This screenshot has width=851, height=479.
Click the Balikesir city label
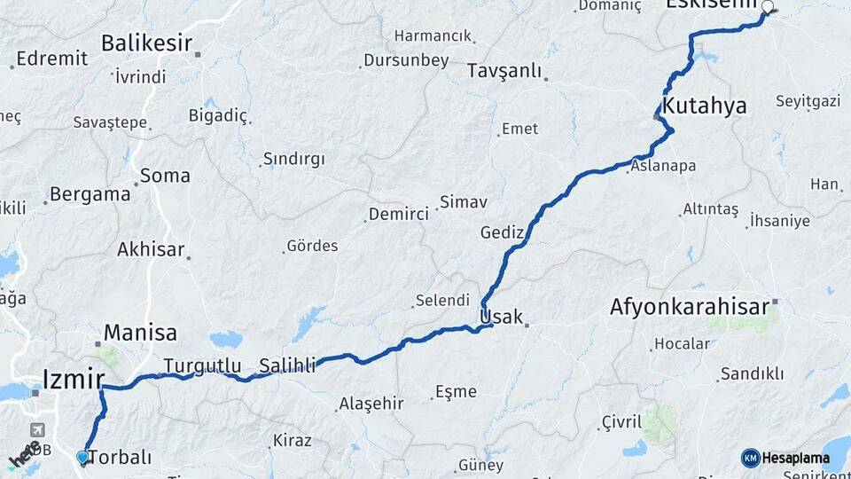click(145, 43)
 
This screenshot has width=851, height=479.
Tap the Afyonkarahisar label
click(689, 307)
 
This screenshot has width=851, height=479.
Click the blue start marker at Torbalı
click(82, 457)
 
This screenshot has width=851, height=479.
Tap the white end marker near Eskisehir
click(768, 6)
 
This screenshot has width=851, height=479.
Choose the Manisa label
click(140, 333)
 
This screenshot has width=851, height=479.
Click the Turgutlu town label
click(202, 365)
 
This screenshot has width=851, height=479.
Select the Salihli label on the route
click(287, 365)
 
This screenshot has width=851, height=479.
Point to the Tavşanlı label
click(503, 71)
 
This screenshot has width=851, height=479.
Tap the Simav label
click(464, 202)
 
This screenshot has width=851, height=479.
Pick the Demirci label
click(398, 214)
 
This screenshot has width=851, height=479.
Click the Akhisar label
click(151, 249)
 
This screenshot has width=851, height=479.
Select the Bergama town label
click(90, 194)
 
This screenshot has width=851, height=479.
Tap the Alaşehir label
click(371, 404)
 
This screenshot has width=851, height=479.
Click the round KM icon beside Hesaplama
click(751, 458)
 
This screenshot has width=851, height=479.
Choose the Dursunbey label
click(405, 61)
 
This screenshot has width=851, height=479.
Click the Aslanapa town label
click(663, 166)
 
